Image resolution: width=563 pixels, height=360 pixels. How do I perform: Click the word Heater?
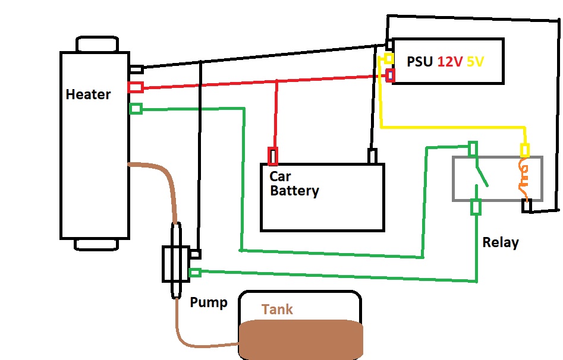(88, 94)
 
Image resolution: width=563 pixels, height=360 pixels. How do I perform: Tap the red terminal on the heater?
(135, 87)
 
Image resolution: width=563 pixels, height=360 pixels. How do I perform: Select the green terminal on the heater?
(136, 109)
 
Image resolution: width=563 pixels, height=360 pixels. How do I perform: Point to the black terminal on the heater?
(136, 70)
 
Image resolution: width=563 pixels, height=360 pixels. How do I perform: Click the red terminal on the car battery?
(273, 156)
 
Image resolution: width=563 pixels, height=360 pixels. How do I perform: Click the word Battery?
(294, 191)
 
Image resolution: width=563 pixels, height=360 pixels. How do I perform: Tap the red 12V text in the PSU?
(450, 62)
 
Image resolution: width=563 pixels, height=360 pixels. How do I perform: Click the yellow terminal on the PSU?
(388, 58)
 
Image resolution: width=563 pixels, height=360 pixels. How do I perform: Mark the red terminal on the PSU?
(391, 75)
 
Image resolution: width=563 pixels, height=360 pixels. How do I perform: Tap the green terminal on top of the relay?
(473, 148)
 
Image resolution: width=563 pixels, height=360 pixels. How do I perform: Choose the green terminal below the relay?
(476, 207)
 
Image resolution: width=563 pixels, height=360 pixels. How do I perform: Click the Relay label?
(500, 242)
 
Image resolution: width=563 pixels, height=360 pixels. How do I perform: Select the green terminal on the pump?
(194, 273)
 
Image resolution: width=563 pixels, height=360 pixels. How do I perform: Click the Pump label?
(208, 302)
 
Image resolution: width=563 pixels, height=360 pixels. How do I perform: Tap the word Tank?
(277, 310)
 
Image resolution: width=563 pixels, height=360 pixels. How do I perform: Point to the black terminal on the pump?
(195, 254)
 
